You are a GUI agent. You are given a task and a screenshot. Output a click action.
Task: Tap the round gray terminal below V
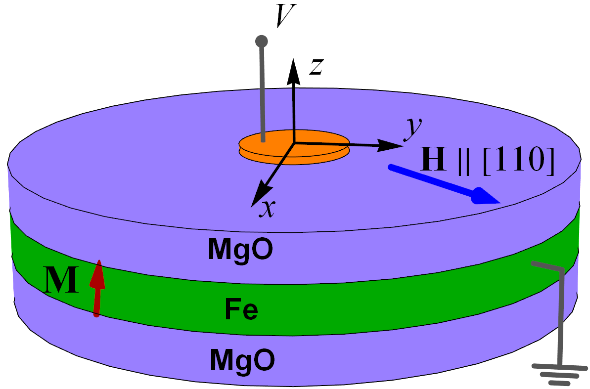pos(262,41)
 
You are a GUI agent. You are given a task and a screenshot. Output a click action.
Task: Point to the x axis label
pos(267,209)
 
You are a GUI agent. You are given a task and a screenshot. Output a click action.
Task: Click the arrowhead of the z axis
pos(293,72)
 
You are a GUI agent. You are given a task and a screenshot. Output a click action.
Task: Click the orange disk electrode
pos(294,147)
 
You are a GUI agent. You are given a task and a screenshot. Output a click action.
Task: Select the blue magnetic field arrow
pos(444,185)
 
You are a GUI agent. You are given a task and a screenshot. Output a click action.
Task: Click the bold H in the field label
pos(433,159)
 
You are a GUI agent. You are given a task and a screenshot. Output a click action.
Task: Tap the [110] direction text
pos(519,160)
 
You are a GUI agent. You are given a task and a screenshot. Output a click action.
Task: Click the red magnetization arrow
pos(97,288)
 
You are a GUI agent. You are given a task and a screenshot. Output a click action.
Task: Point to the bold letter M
pos(61,280)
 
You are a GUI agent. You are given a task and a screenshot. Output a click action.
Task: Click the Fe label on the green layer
pos(241,309)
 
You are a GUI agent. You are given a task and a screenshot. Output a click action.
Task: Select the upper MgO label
pos(241,250)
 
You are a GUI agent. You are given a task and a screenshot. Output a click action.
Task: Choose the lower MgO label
pos(242,360)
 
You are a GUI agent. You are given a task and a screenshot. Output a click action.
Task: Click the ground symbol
pos(560,374)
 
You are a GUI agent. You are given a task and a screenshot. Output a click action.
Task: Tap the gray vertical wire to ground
pos(562,316)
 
